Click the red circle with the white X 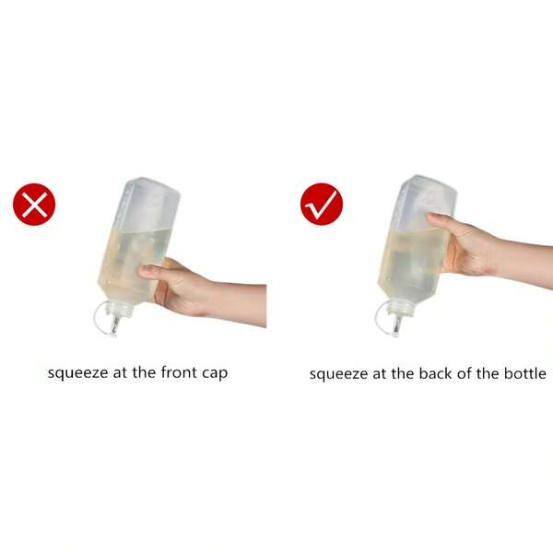tap(34, 205)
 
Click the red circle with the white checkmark tap(322, 205)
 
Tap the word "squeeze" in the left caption tap(78, 373)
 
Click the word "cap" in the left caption tap(215, 374)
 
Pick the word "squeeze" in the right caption tap(339, 374)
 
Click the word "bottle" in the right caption tap(525, 373)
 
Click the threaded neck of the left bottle tap(121, 308)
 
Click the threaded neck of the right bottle tap(401, 308)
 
